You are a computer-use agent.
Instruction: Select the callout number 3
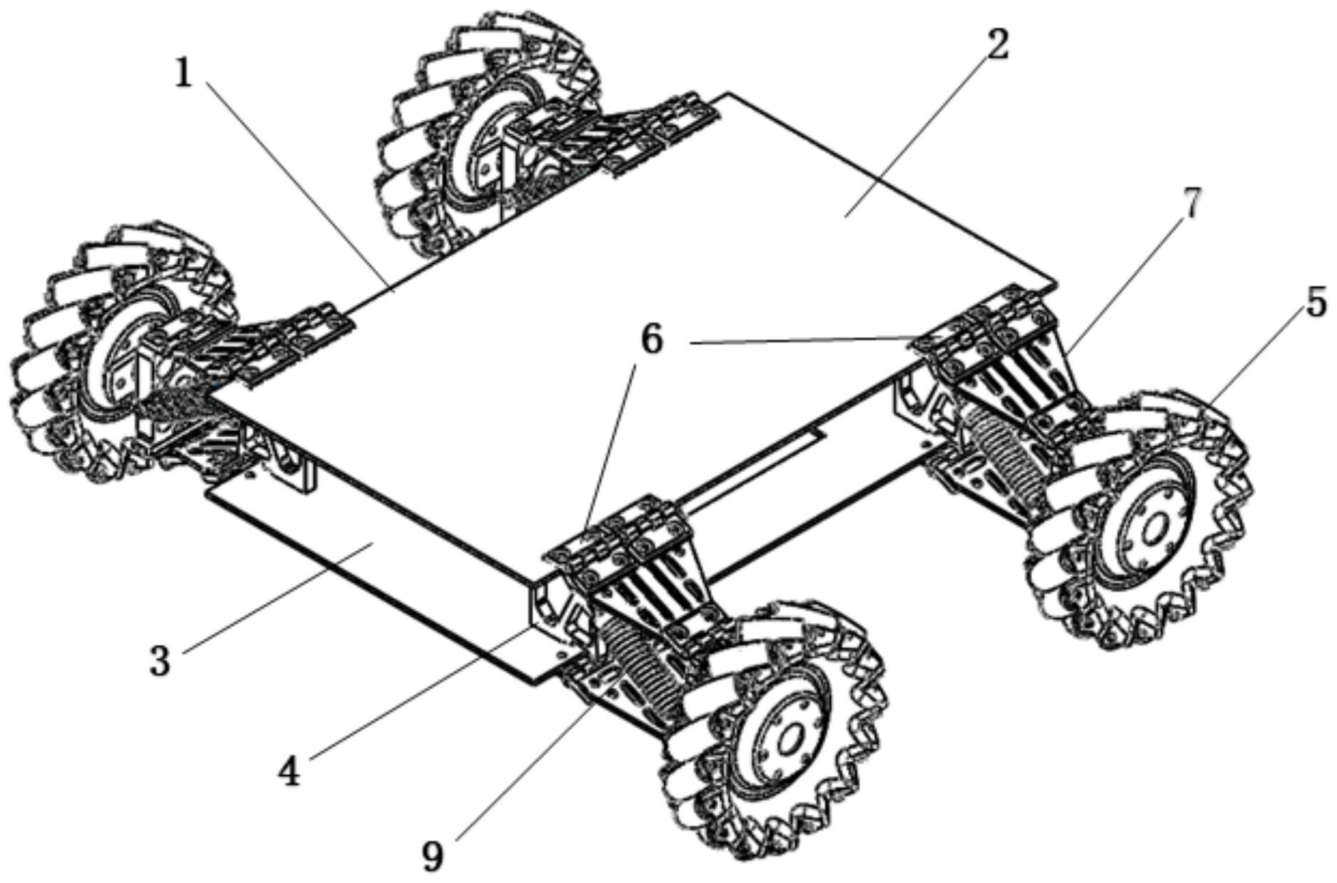160,661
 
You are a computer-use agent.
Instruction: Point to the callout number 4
289,771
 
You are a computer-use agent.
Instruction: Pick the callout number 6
651,340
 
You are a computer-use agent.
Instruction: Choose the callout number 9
433,856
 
